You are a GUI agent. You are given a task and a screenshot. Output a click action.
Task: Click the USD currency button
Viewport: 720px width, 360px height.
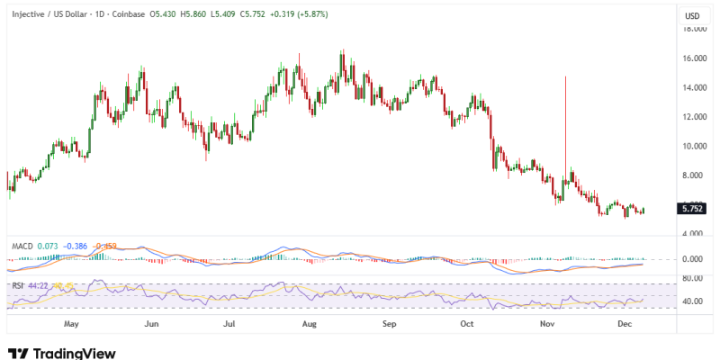(x=692, y=16)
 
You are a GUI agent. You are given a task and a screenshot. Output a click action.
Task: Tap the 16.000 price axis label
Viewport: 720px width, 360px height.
(x=693, y=58)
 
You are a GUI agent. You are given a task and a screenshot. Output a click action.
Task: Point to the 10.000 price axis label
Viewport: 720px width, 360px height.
(x=693, y=146)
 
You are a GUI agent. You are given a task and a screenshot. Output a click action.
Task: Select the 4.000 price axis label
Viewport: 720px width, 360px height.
(x=693, y=233)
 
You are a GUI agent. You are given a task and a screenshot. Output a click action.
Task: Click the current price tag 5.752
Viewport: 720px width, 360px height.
(x=692, y=208)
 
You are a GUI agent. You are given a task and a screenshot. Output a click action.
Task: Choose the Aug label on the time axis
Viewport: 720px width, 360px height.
(x=310, y=321)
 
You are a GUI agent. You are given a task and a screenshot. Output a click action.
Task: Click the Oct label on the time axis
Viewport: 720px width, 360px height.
(x=466, y=321)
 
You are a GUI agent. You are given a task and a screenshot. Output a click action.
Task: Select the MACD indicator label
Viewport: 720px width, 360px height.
(x=22, y=246)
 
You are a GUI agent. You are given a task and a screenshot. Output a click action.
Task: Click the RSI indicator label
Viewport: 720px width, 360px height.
(x=18, y=286)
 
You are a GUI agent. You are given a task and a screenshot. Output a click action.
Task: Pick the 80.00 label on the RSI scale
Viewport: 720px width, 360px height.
(x=693, y=278)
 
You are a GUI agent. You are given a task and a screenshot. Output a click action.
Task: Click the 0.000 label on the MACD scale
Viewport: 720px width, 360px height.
(x=693, y=259)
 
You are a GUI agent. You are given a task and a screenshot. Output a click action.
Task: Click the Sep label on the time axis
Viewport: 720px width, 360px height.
(x=389, y=321)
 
